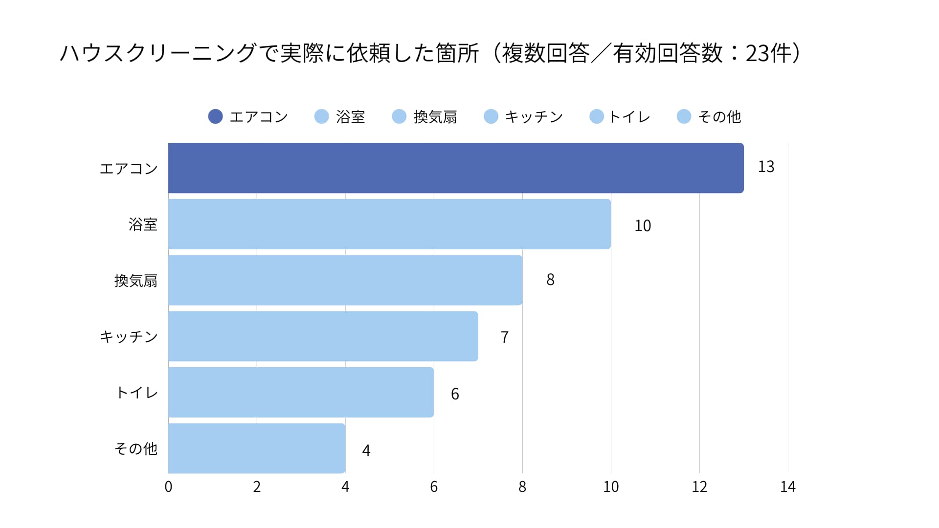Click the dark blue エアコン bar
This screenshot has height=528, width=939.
click(x=456, y=168)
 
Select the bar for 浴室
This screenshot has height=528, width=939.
click(x=389, y=224)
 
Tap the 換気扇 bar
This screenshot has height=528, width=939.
click(x=345, y=280)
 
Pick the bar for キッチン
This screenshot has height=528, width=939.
click(x=323, y=336)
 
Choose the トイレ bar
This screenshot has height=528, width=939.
click(x=301, y=392)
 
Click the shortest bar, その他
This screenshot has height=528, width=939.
click(x=257, y=448)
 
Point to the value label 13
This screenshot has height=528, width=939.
click(x=766, y=167)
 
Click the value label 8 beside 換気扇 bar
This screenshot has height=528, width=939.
click(x=550, y=280)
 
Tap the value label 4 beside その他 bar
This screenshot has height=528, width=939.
click(x=366, y=450)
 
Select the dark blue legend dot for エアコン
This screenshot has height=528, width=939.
click(x=215, y=116)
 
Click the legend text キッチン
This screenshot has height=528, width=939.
click(x=534, y=117)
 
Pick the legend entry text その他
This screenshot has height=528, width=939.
click(x=719, y=117)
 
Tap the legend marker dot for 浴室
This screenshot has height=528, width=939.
click(x=321, y=116)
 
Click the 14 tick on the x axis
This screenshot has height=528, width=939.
click(x=787, y=487)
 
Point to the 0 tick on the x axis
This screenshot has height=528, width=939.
click(x=168, y=487)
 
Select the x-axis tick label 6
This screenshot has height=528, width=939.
click(x=434, y=487)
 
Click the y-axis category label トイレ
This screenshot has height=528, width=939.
click(x=137, y=393)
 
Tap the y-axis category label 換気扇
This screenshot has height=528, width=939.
click(x=136, y=281)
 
